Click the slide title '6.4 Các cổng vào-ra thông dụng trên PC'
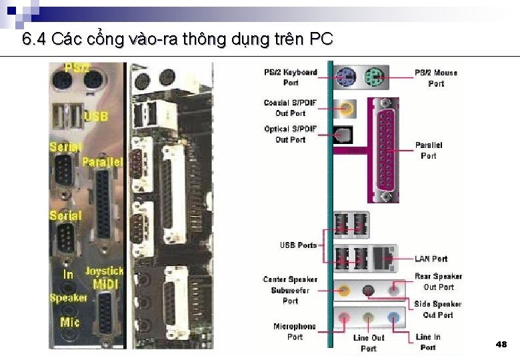177,39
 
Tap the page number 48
501,344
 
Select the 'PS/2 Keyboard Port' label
291,77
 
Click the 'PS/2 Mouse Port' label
436,78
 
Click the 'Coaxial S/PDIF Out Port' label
290,108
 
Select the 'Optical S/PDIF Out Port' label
290,134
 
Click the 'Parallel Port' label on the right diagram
429,150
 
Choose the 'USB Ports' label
298,245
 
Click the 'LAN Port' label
431,259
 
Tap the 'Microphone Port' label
295,331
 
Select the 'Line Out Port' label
369,343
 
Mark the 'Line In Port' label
428,342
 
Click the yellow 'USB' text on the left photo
96,117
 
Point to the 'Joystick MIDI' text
104,277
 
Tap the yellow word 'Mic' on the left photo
69,323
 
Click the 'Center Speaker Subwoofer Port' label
290,290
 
